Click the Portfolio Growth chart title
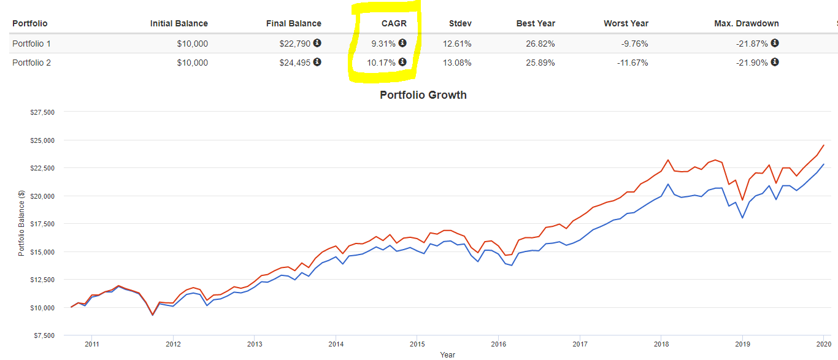423,95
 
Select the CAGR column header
393,23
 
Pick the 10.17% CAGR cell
382,63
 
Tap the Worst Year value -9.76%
632,44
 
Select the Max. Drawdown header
747,23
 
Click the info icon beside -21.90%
775,62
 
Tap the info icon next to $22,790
317,43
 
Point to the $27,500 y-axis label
42,112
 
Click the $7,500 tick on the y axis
44,335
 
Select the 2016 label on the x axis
498,344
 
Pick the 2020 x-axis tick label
823,344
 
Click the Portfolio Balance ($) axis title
21,223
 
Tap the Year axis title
447,354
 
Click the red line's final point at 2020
823,145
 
